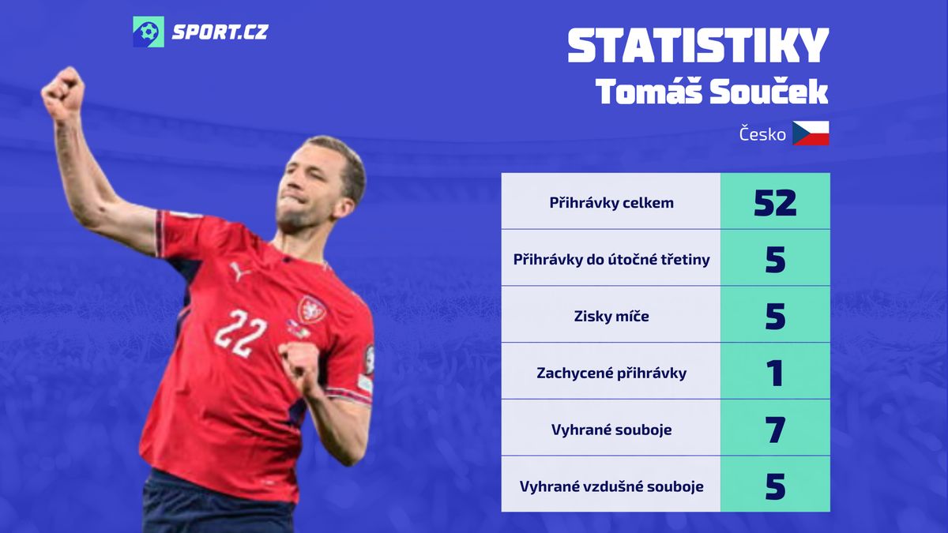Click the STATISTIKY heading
coord(698,46)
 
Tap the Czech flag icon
coord(811,133)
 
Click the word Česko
coord(762,134)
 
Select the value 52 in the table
coord(775,203)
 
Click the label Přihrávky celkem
coord(611,203)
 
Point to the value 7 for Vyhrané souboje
coord(775,430)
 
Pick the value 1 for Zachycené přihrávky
coord(775,373)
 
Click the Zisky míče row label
coord(611,316)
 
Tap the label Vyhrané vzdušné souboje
coord(611,486)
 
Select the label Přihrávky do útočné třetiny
coord(611,259)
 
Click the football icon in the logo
coord(149,32)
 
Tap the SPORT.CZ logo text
coord(220,32)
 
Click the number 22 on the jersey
coord(240,333)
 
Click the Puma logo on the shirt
coord(239,271)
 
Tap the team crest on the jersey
coord(311,310)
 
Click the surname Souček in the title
coord(769,92)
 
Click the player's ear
coord(344,207)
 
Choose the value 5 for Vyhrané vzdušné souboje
coord(775,486)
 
